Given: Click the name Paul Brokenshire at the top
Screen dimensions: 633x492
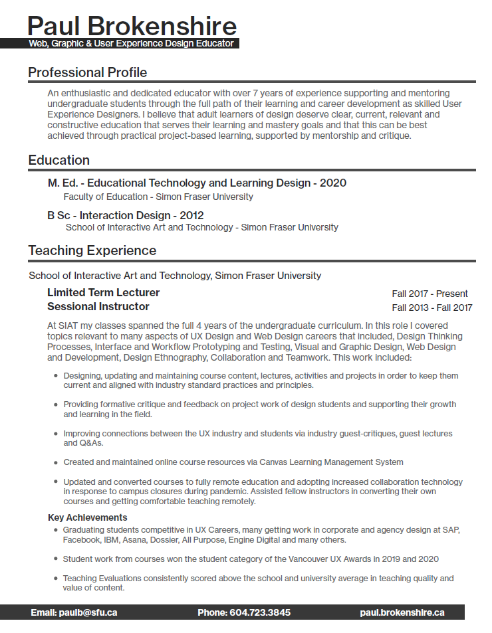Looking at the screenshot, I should tap(132, 26).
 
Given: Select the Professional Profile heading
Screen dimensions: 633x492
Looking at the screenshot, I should tap(88, 72).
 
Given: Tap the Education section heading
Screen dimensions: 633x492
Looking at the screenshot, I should tap(59, 160).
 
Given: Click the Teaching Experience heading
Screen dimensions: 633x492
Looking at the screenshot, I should tap(92, 250).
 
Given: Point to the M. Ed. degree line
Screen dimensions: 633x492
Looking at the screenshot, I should tap(197, 183).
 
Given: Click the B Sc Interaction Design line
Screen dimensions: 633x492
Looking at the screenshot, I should tap(126, 215).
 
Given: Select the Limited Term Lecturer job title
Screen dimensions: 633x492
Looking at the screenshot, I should tap(104, 292).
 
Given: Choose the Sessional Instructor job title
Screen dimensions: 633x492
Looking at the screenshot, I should tap(98, 306).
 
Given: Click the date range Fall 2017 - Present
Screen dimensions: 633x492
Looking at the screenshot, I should tap(430, 294).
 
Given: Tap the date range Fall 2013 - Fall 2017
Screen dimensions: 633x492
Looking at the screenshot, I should tap(432, 308).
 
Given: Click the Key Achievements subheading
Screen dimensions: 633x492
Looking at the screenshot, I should tap(88, 517).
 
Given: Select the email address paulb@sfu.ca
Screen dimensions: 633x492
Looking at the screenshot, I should tap(88, 612).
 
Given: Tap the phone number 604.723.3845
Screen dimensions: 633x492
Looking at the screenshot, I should tap(260, 612).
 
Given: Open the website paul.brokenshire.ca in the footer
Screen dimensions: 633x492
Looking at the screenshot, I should tap(402, 612).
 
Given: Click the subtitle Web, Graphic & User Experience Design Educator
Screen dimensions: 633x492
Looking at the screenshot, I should tap(132, 44).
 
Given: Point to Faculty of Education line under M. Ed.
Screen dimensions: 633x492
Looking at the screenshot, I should tap(158, 197).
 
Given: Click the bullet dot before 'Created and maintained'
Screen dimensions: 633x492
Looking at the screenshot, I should tap(55, 462).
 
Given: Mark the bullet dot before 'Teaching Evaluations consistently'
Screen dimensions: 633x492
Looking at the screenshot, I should tap(55, 579).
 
